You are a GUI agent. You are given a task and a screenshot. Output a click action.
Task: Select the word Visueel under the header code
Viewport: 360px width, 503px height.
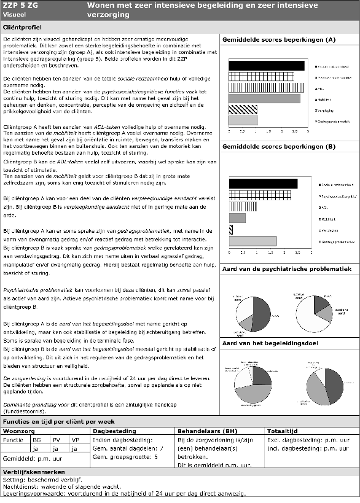[14, 15]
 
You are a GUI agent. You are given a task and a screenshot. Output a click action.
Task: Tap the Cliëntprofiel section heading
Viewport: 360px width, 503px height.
[22, 28]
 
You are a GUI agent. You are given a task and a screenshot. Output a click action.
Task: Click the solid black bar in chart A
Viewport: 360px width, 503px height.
[266, 66]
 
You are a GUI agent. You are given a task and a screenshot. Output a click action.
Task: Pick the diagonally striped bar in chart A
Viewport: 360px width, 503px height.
[243, 109]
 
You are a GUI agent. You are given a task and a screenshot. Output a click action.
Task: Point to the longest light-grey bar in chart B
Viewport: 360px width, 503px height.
[252, 241]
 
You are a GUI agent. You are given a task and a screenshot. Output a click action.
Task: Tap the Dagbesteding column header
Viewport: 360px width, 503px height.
[109, 431]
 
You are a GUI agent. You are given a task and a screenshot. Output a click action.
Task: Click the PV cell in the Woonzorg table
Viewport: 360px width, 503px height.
[55, 440]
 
